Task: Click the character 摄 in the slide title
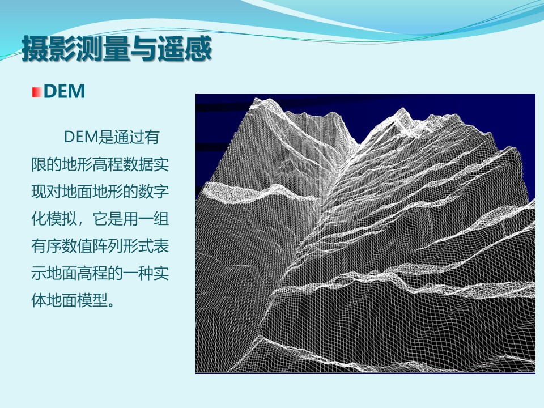[x=35, y=49]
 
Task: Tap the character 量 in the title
[x=117, y=49]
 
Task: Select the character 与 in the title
[x=143, y=49]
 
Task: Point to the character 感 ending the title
[x=198, y=49]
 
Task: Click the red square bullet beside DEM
[x=37, y=92]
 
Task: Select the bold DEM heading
[x=65, y=91]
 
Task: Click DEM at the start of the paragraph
[x=81, y=137]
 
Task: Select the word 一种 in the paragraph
[x=138, y=273]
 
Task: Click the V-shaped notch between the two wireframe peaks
[x=359, y=143]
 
